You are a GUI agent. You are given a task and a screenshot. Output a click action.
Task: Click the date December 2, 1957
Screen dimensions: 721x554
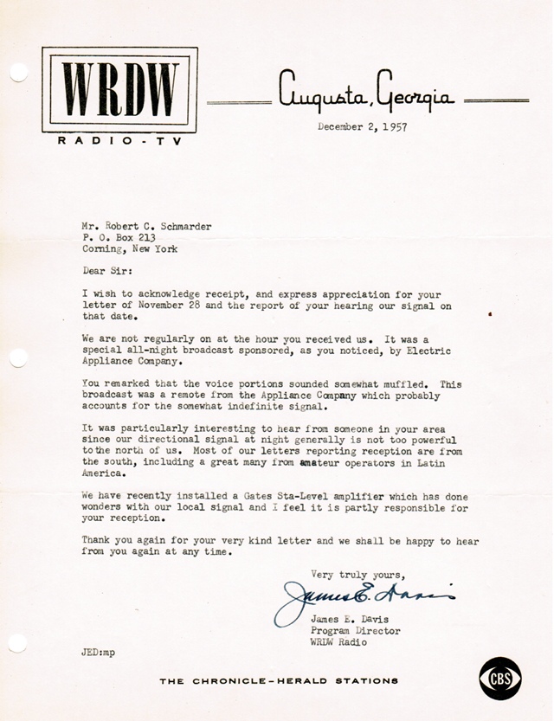point(363,127)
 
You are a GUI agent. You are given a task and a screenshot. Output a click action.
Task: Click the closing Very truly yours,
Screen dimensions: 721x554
point(358,573)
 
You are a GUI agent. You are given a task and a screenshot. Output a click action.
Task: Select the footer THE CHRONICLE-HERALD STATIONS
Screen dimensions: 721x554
point(279,680)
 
